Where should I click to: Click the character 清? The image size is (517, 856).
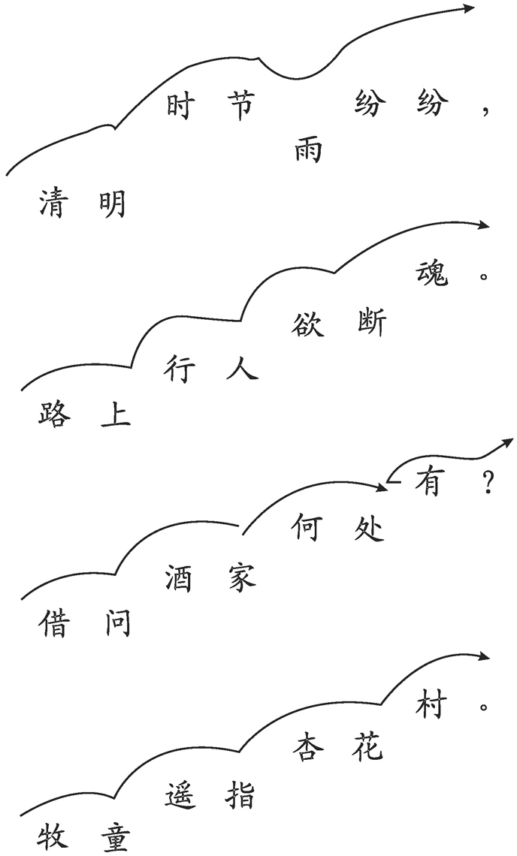(54, 203)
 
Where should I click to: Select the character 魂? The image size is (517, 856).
(432, 273)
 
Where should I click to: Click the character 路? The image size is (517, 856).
(55, 412)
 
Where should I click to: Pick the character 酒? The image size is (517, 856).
(179, 577)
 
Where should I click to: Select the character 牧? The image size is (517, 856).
(53, 837)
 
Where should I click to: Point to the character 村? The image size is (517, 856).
(431, 704)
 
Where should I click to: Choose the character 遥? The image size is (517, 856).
(180, 794)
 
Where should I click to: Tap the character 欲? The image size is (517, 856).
(307, 323)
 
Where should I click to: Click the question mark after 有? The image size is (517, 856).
(488, 482)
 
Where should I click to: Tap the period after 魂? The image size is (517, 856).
(482, 276)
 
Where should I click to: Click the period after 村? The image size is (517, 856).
(483, 707)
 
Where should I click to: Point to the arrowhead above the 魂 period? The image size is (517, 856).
(484, 225)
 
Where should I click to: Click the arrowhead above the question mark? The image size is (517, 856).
(507, 443)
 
